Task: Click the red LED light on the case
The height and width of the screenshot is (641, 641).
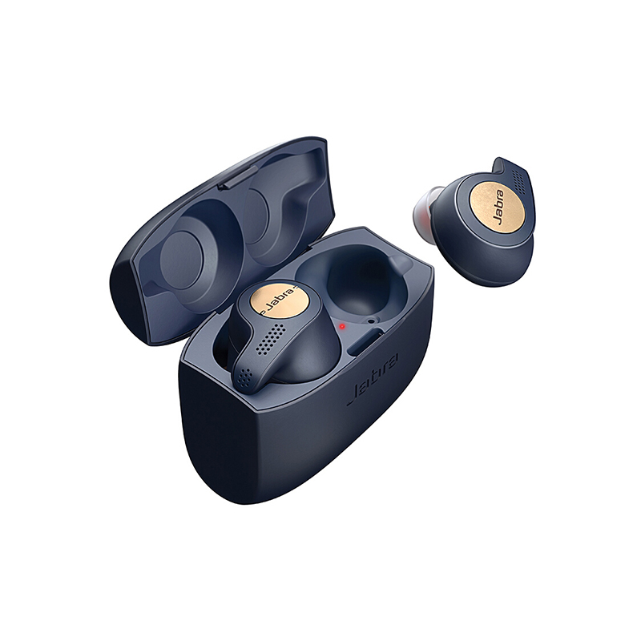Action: (343, 326)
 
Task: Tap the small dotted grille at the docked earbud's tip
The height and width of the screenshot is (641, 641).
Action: (246, 374)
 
